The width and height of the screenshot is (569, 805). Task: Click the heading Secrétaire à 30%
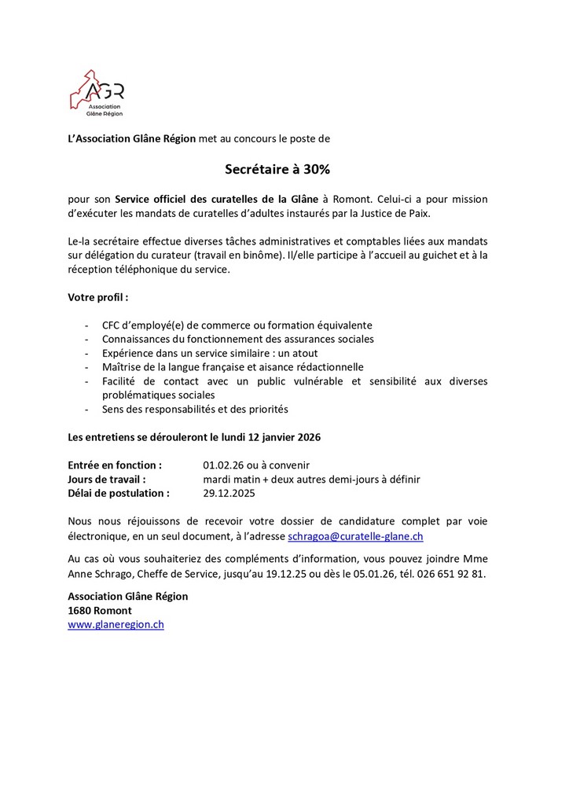point(284,169)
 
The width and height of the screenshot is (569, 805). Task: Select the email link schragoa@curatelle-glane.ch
point(356,535)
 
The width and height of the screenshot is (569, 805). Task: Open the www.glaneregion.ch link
point(116,625)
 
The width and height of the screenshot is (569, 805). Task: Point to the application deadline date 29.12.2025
point(229,493)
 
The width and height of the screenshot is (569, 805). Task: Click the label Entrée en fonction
point(115,465)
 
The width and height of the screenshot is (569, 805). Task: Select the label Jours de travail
point(107,479)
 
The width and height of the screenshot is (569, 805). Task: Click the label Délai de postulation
point(118,493)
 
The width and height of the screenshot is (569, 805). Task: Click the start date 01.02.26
point(225,465)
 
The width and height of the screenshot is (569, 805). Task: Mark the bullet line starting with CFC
point(237,325)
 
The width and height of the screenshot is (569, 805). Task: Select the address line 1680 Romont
point(100,610)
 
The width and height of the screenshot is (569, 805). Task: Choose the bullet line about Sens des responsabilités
point(195,409)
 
